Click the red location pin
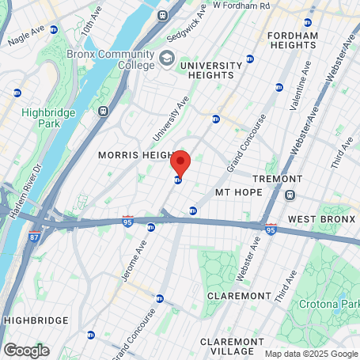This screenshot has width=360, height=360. (180, 163)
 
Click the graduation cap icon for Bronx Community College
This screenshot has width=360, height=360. (167, 58)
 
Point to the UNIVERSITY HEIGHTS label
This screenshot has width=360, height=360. (210, 70)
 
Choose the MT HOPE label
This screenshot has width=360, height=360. (238, 192)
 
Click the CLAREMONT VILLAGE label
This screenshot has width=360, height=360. (237, 345)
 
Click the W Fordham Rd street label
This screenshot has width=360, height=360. (241, 5)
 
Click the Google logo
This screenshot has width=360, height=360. (26, 350)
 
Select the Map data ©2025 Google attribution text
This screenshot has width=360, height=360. (311, 354)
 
